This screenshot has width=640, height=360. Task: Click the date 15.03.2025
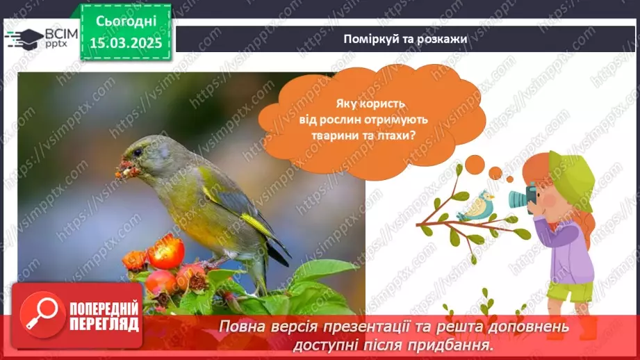click(x=126, y=42)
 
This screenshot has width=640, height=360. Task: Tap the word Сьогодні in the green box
click(x=126, y=21)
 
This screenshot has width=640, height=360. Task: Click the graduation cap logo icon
click(x=24, y=39)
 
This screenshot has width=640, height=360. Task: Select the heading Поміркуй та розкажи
click(x=405, y=39)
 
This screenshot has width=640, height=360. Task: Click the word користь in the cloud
click(x=386, y=104)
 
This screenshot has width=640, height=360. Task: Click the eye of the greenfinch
click(x=138, y=153)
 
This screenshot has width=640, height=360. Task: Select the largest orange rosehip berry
click(x=165, y=252)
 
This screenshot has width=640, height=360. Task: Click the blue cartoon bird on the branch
click(x=475, y=206)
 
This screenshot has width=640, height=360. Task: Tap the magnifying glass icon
click(x=42, y=315)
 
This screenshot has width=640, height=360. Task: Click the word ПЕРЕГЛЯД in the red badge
click(x=104, y=325)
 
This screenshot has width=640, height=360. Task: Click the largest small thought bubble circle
click(x=475, y=165)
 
